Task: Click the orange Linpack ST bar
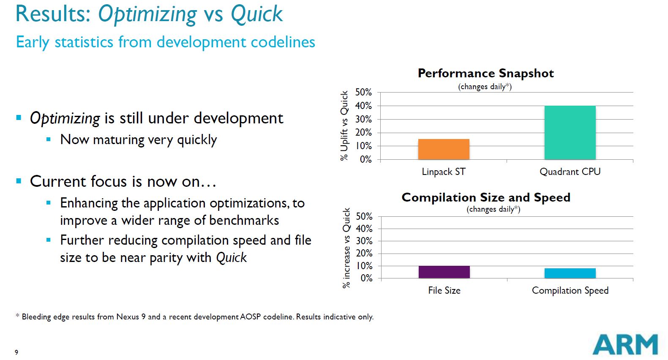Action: point(444,149)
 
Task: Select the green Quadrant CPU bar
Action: point(570,133)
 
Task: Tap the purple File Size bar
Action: point(444,272)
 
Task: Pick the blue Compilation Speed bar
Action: point(570,273)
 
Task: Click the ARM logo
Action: point(625,344)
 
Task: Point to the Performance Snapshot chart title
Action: point(485,74)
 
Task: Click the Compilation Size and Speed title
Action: point(486,197)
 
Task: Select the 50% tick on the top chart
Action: point(363,92)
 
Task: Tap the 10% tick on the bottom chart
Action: point(364,266)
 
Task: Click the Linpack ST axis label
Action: point(444,172)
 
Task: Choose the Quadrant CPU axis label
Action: point(570,172)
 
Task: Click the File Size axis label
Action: point(444,290)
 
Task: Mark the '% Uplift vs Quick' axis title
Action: point(344,125)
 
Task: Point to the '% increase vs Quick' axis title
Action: point(346,248)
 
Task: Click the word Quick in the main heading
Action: point(256,14)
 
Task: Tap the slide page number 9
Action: point(16,352)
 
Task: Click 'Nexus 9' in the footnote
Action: point(131,316)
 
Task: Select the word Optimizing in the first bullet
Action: point(65,118)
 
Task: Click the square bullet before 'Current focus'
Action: point(19,181)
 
